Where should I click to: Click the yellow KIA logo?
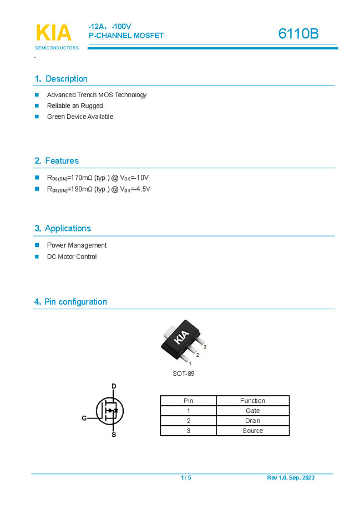pyautogui.click(x=54, y=33)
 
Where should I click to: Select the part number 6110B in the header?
pyautogui.click(x=298, y=34)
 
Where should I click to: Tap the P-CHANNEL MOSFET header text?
pyautogui.click(x=126, y=36)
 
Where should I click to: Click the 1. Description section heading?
pyautogui.click(x=61, y=79)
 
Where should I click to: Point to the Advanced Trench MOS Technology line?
pyautogui.click(x=97, y=95)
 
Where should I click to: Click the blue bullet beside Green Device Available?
pyautogui.click(x=37, y=117)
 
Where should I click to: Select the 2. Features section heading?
pyautogui.click(x=57, y=161)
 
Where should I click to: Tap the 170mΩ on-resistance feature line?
pyautogui.click(x=98, y=178)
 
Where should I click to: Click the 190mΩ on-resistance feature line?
pyautogui.click(x=98, y=189)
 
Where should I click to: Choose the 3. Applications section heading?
pyautogui.click(x=62, y=229)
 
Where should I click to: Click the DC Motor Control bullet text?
pyautogui.click(x=72, y=256)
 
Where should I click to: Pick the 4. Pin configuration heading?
pyautogui.click(x=70, y=302)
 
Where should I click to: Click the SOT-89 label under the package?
pyautogui.click(x=184, y=374)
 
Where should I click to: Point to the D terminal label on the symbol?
pyautogui.click(x=114, y=386)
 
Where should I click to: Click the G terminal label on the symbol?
pyautogui.click(x=84, y=418)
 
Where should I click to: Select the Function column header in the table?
pyautogui.click(x=252, y=401)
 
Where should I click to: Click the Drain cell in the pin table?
pyautogui.click(x=252, y=421)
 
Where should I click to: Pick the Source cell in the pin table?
pyautogui.click(x=252, y=431)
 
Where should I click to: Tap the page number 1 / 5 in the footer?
pyautogui.click(x=186, y=478)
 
